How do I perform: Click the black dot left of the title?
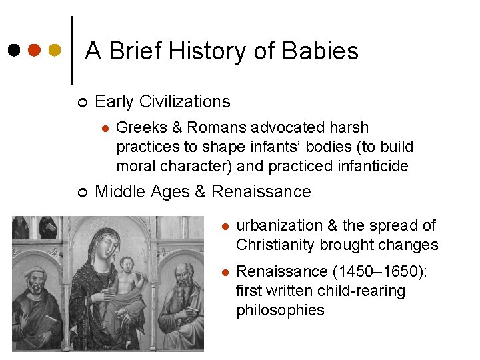click(x=14, y=51)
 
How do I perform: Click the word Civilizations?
click(x=183, y=102)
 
